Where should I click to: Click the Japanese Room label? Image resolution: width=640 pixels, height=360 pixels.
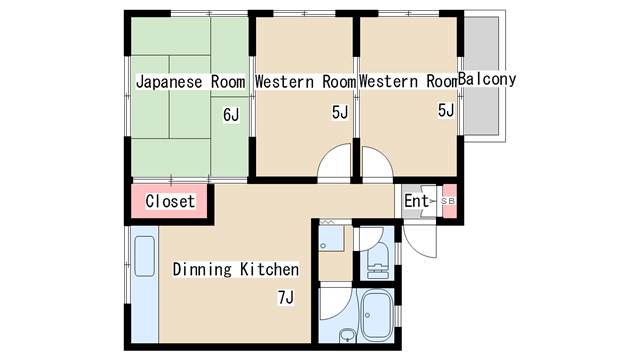(191, 82)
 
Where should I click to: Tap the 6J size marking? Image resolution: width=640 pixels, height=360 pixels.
(231, 115)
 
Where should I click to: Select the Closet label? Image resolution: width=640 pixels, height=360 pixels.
(170, 201)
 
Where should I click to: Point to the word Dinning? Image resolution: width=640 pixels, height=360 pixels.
(202, 270)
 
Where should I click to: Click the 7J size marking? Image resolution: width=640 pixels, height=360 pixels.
(286, 298)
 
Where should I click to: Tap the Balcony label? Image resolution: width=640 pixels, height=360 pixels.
(487, 79)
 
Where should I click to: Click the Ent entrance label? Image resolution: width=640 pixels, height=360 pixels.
(416, 201)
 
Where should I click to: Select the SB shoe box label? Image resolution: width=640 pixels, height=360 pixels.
(448, 201)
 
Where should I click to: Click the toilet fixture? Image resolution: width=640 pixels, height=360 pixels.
(378, 260)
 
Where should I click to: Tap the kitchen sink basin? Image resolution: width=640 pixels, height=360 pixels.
(144, 256)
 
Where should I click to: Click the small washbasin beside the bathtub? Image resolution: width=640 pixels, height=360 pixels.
(347, 335)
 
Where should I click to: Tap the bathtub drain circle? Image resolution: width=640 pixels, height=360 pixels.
(367, 316)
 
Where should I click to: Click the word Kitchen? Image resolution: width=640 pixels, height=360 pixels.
(269, 269)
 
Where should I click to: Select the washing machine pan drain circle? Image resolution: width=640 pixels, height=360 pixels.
(323, 246)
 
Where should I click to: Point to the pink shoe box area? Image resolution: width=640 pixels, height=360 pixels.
(450, 201)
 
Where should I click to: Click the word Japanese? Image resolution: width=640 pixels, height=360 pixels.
(169, 82)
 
